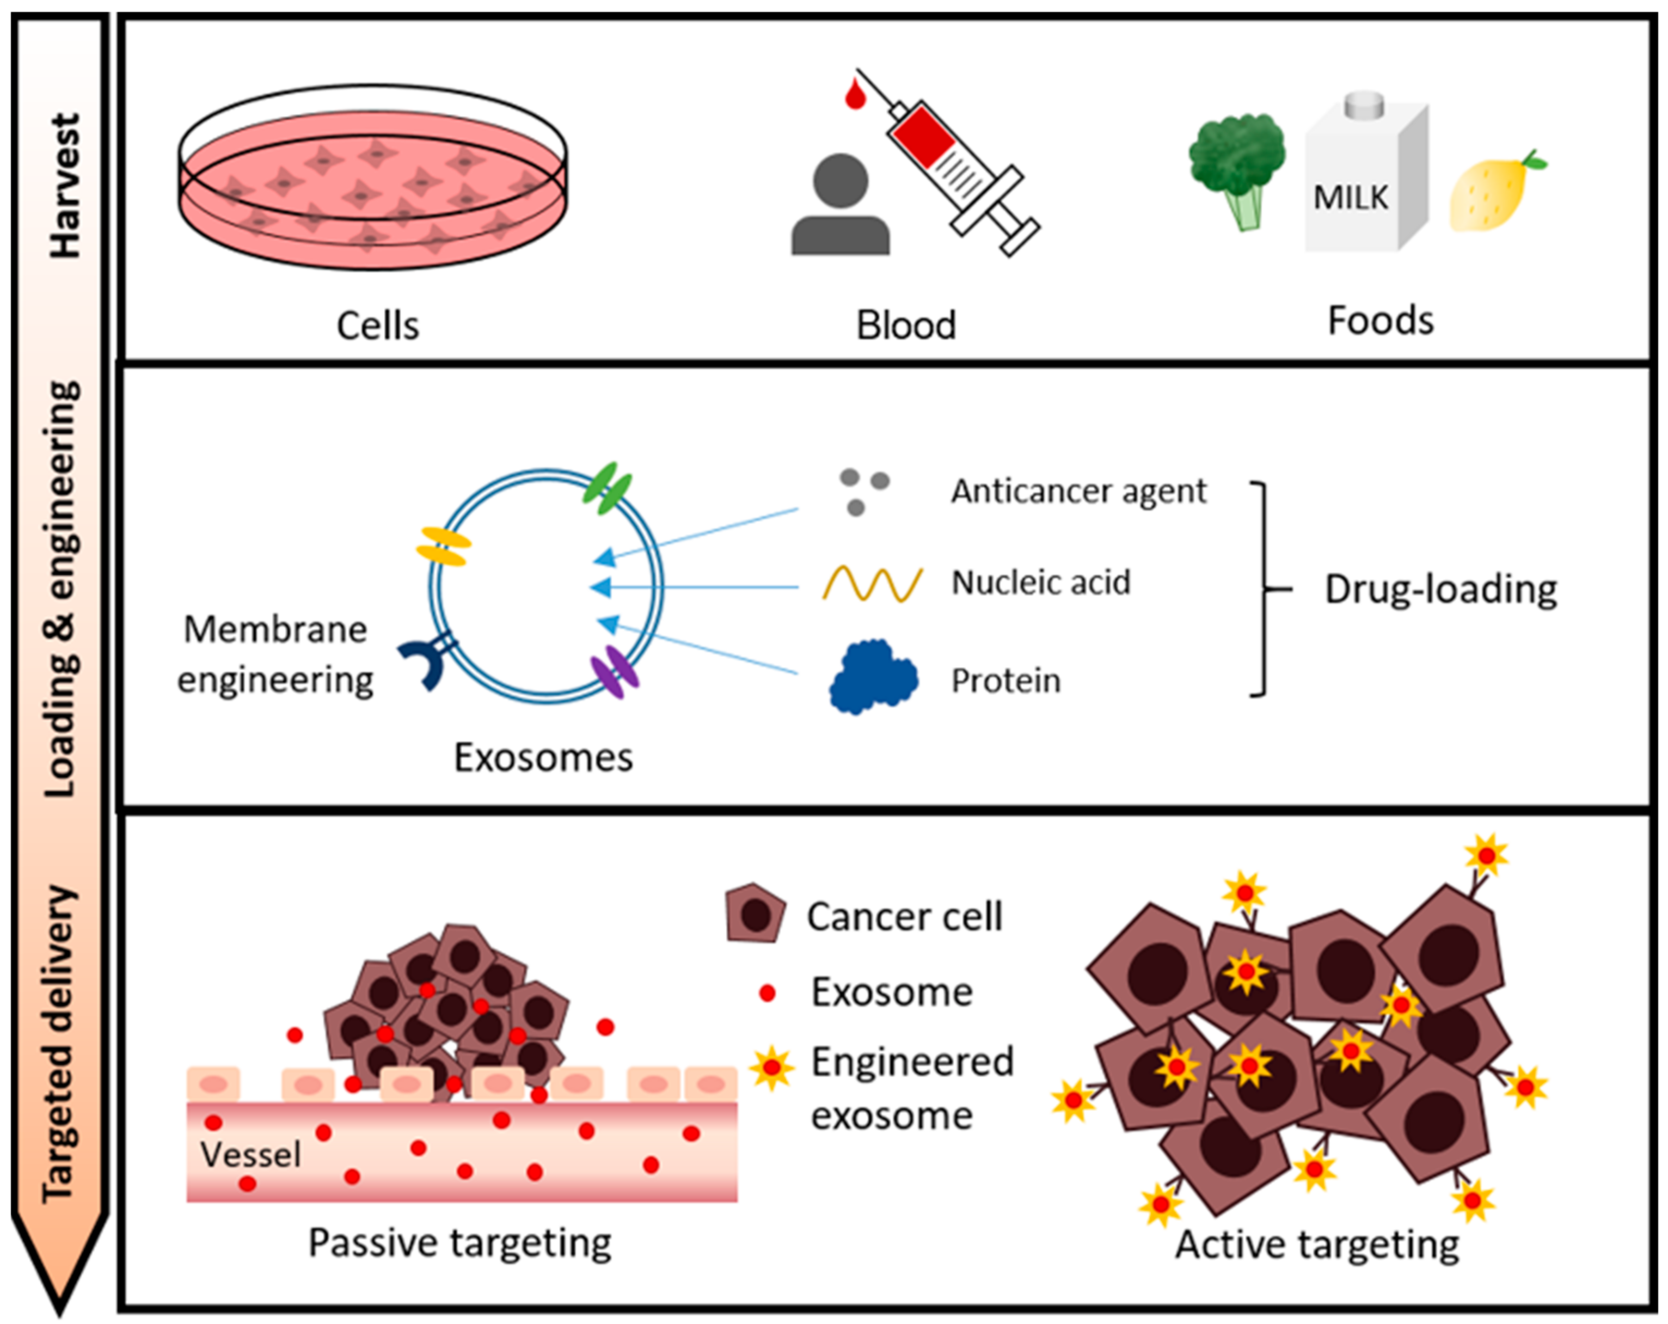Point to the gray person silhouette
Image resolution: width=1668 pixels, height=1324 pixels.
[x=840, y=205]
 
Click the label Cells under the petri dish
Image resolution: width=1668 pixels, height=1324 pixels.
[x=378, y=326]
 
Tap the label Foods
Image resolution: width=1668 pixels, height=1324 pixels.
[x=1380, y=320]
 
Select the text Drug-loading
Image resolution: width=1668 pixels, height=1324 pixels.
[x=1440, y=590]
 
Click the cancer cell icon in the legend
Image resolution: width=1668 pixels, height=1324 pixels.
[x=755, y=914]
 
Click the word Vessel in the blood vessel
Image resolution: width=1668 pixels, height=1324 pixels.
[x=250, y=1155]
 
